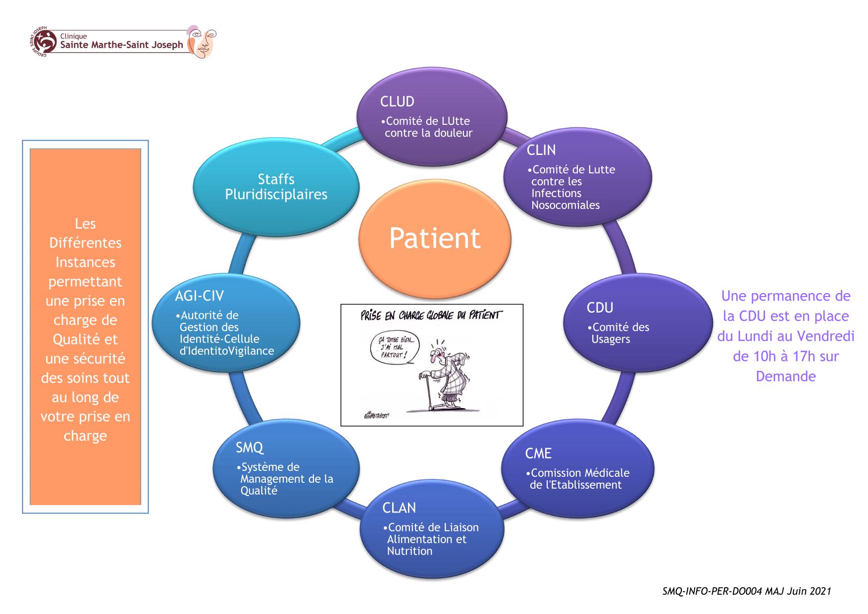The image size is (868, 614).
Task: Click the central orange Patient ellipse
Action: pos(434,238)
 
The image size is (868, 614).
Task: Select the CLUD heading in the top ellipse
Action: pos(397,102)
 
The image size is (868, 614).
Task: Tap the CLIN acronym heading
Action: pos(541,150)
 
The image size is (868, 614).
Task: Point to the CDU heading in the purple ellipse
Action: pos(600,308)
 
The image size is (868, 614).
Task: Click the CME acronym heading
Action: pos(538,454)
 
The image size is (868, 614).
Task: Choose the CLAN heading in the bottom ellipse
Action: pos(399,508)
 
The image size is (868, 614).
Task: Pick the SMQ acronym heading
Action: pos(249,448)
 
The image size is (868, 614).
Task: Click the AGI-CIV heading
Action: pos(199,296)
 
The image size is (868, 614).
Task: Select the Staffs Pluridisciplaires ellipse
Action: pos(276,187)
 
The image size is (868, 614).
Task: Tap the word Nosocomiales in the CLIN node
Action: pos(565,205)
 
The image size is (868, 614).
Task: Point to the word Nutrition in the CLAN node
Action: pos(409,551)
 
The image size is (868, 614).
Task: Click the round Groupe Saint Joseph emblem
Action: pos(44,42)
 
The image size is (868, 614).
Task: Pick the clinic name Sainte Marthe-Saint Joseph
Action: pos(121,45)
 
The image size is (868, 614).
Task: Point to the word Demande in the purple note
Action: pos(785,376)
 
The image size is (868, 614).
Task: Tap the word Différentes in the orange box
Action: pos(85,243)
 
